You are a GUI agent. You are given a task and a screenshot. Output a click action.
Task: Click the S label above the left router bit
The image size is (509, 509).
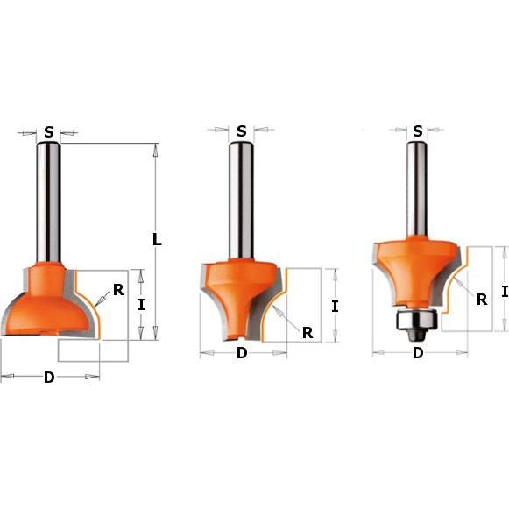pyautogui.click(x=49, y=132)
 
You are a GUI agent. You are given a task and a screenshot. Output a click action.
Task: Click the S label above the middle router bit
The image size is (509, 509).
pyautogui.click(x=242, y=131)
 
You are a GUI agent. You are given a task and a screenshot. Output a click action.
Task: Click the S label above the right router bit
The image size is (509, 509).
pyautogui.click(x=418, y=131)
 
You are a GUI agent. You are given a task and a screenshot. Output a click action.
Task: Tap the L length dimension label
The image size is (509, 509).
pyautogui.click(x=157, y=240)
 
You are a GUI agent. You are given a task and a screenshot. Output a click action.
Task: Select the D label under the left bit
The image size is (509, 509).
pyautogui.click(x=49, y=378)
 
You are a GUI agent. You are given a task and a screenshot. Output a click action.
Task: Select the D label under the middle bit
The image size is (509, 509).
pyautogui.click(x=242, y=353)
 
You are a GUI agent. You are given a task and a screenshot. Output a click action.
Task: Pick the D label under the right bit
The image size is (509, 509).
pyautogui.click(x=418, y=352)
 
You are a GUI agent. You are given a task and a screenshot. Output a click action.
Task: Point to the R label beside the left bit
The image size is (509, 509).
pyautogui.click(x=118, y=290)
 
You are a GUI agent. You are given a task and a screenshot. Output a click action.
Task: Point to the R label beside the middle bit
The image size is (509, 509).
pyautogui.click(x=308, y=333)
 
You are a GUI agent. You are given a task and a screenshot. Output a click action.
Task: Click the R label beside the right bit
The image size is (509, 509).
pyautogui.click(x=482, y=300)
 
